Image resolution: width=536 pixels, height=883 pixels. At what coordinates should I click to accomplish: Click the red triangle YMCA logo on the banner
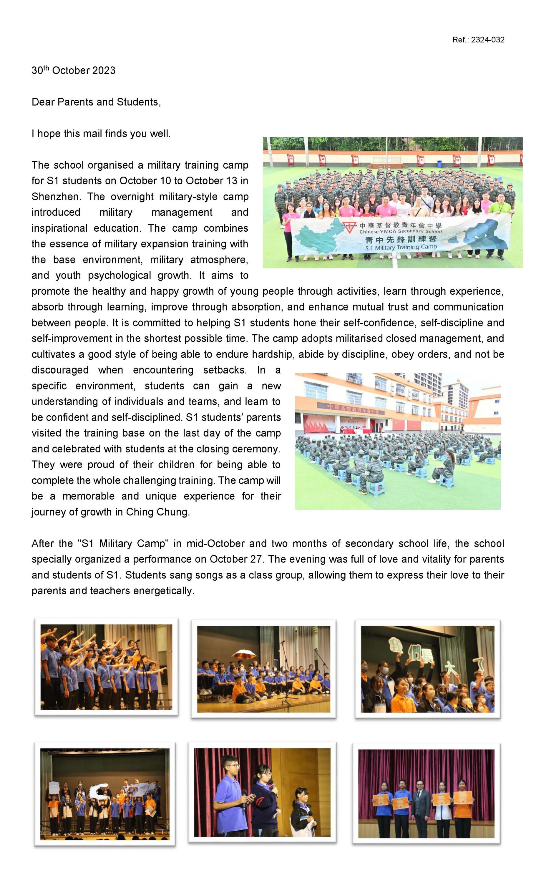[x=346, y=226]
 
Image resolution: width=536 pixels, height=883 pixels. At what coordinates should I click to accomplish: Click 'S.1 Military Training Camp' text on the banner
[x=401, y=247]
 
